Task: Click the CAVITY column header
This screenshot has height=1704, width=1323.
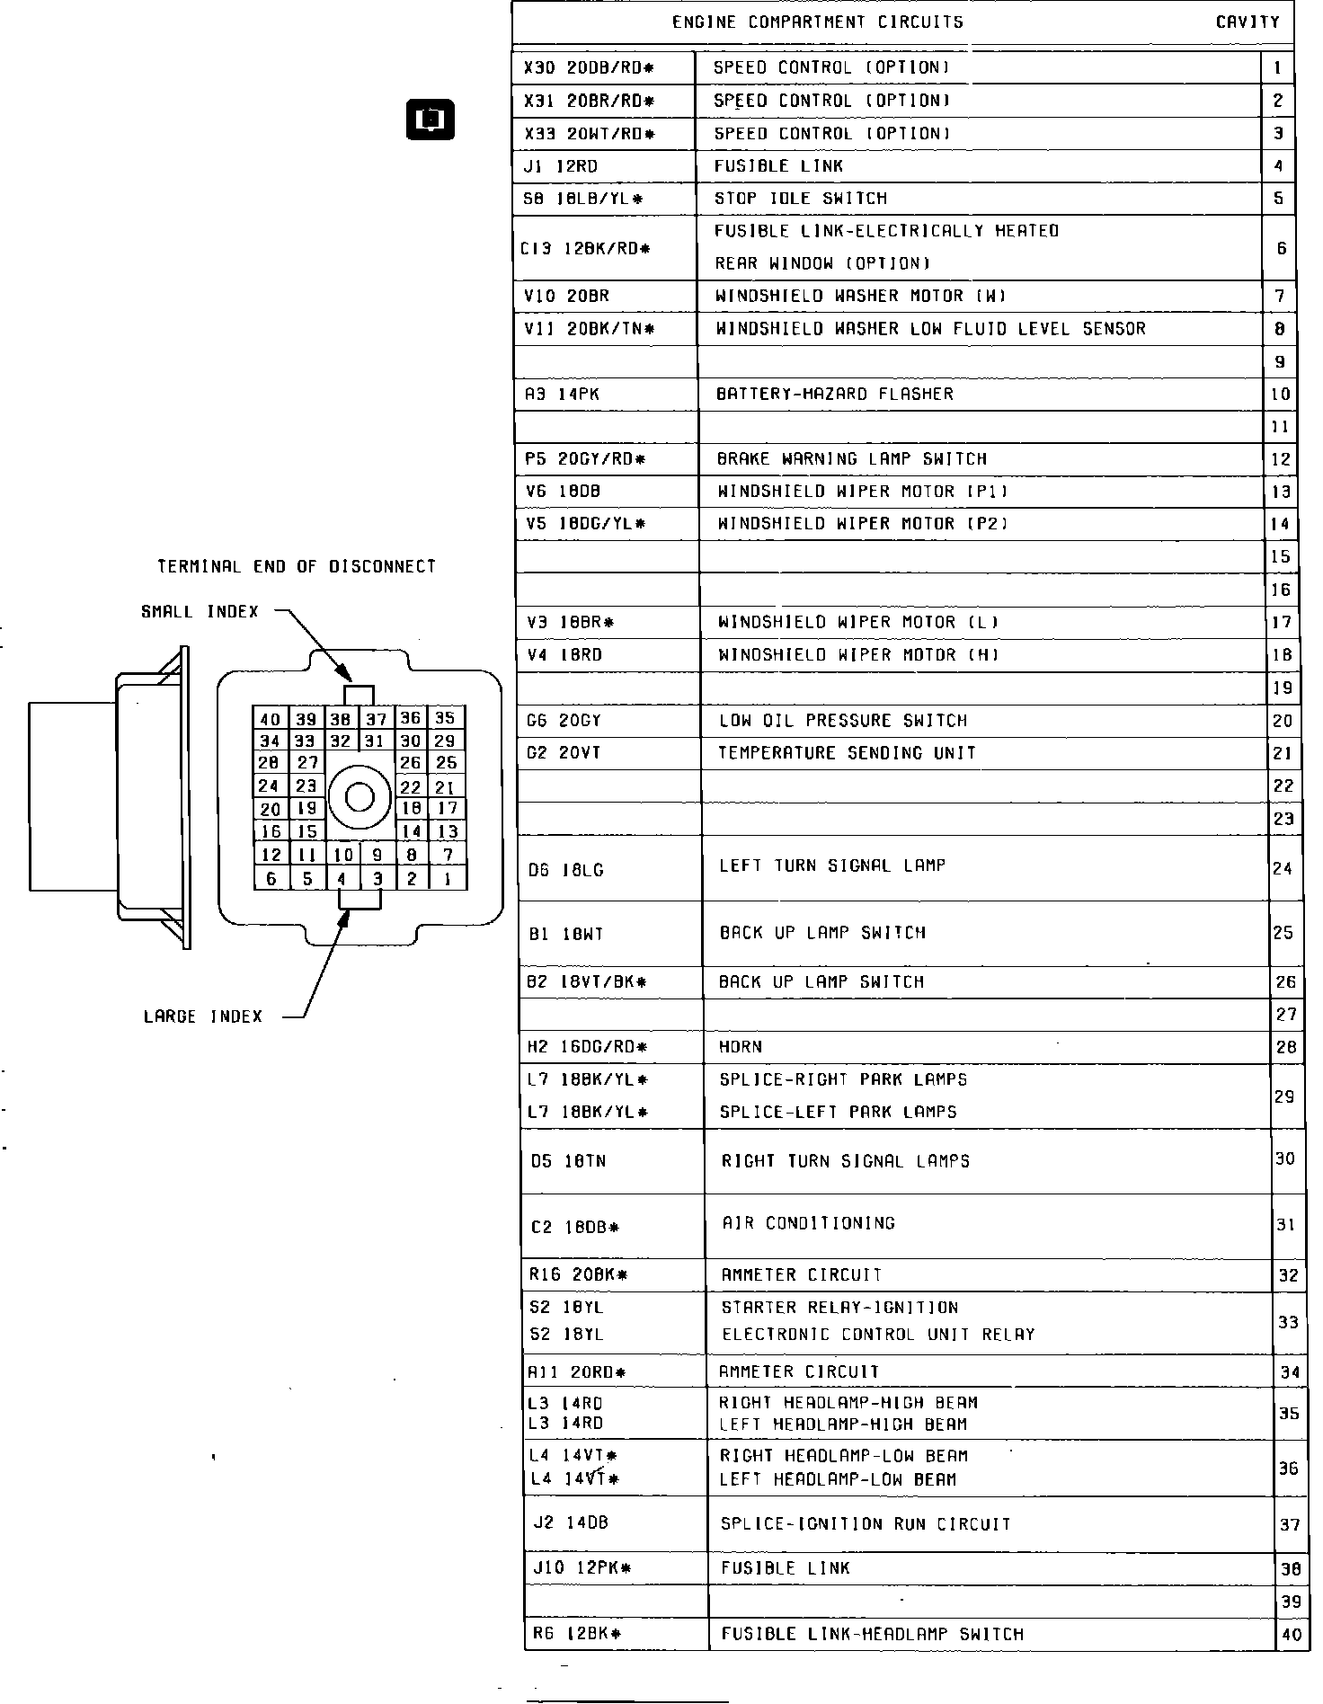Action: pyautogui.click(x=1248, y=22)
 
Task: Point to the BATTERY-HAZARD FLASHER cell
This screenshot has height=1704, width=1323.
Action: pyautogui.click(x=834, y=394)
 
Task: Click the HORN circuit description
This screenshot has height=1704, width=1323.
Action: pyautogui.click(x=741, y=1047)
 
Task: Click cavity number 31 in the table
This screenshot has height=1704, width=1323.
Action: pyautogui.click(x=1285, y=1225)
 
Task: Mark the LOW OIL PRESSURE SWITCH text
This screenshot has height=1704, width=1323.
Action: pyautogui.click(x=842, y=721)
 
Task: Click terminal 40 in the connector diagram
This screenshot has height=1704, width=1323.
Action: pyautogui.click(x=270, y=719)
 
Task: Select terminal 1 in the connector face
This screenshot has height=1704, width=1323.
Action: pyautogui.click(x=447, y=879)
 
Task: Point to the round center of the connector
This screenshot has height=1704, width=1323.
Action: pyautogui.click(x=360, y=797)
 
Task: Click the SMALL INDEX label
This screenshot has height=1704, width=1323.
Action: pyautogui.click(x=200, y=612)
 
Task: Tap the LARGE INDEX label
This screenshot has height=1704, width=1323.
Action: pyautogui.click(x=203, y=1016)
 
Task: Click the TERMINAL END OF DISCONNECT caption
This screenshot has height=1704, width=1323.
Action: pyautogui.click(x=297, y=567)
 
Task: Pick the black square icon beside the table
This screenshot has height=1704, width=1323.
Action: pyautogui.click(x=431, y=120)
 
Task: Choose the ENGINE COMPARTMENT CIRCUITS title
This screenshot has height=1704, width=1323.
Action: pyautogui.click(x=817, y=22)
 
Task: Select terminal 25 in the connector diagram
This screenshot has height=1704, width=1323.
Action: pyautogui.click(x=446, y=763)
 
